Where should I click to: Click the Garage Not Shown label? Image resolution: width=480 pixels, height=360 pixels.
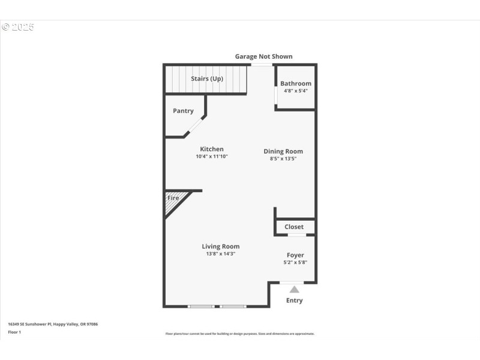[263, 56]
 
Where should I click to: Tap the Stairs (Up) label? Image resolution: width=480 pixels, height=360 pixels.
[207, 79]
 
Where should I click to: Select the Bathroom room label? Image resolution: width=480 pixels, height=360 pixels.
[296, 83]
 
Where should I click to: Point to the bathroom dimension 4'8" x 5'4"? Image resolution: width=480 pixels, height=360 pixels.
[296, 91]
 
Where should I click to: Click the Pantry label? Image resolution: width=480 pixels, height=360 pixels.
[183, 111]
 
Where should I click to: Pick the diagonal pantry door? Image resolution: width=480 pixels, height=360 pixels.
[194, 125]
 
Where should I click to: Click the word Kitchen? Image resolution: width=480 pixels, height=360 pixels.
[212, 149]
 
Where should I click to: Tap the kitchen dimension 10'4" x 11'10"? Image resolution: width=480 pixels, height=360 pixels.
[212, 157]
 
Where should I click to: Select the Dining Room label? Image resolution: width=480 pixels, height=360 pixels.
[283, 151]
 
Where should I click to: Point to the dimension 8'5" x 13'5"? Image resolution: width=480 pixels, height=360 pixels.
[283, 159]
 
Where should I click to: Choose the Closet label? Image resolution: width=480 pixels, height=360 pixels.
[294, 227]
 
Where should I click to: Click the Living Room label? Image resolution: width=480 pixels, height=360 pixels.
[220, 247]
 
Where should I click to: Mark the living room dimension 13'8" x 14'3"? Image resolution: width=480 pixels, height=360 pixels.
[220, 254]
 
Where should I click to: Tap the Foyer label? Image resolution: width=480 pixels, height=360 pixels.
[295, 255]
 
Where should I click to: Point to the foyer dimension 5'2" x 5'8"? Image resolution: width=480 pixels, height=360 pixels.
[295, 262]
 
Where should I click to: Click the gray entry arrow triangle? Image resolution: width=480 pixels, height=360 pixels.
[294, 290]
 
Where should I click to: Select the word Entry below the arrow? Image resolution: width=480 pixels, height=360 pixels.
[294, 301]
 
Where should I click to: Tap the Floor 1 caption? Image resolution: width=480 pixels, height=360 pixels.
[14, 332]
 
